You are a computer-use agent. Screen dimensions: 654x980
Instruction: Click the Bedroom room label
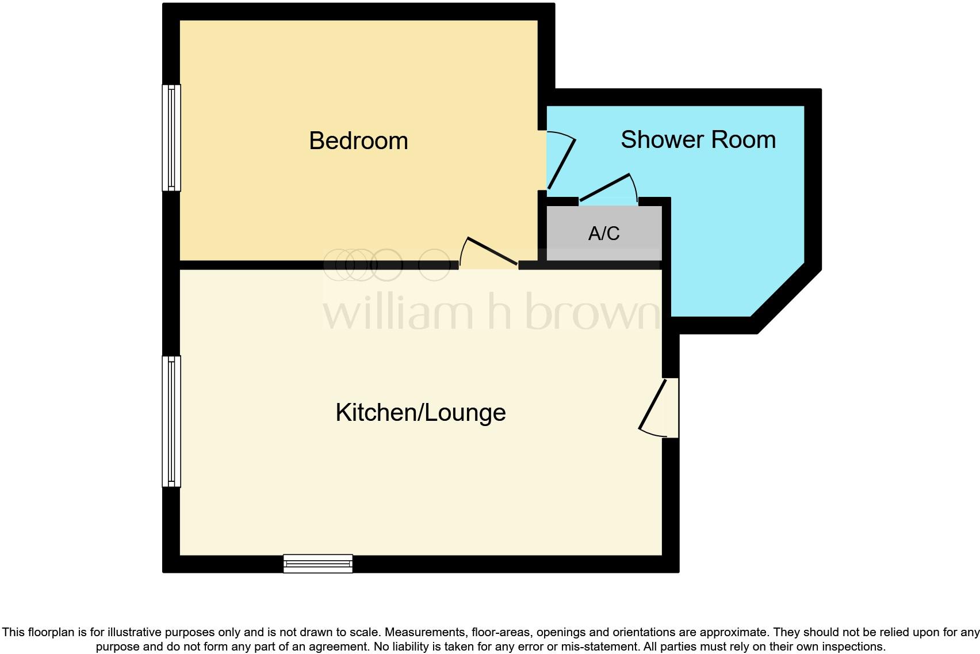[358, 141]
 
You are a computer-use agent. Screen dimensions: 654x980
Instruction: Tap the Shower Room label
[698, 140]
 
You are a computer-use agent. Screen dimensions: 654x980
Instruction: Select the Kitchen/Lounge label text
[420, 413]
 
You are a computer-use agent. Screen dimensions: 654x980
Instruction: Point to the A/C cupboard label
[604, 233]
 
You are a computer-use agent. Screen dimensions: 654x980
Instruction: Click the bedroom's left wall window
[171, 138]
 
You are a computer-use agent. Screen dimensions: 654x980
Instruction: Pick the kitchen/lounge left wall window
[171, 421]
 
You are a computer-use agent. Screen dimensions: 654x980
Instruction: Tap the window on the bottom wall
[318, 564]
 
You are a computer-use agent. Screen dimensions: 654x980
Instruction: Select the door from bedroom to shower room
[560, 163]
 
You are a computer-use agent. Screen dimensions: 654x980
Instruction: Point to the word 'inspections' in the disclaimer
[851, 647]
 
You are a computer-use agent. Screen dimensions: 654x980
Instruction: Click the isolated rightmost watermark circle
[434, 265]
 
